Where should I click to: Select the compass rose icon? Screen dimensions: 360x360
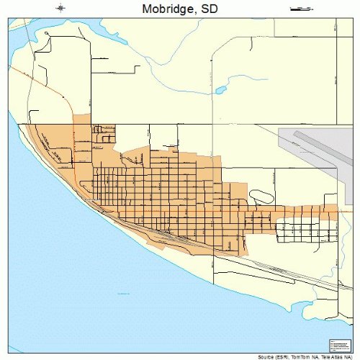tap(61, 9)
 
